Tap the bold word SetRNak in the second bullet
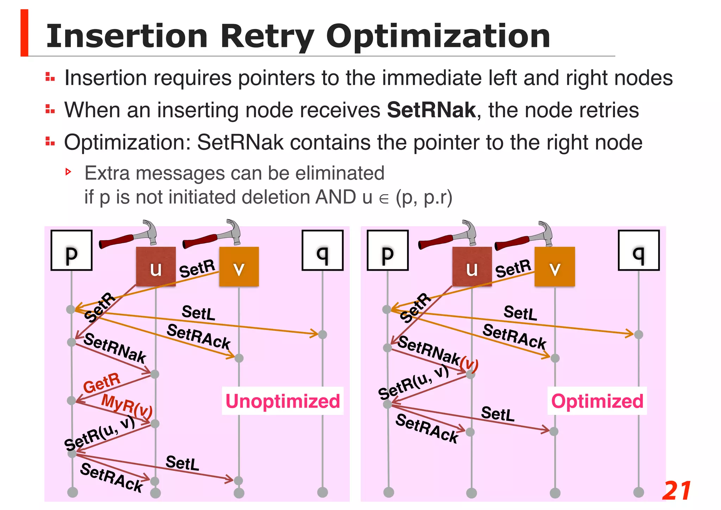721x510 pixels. (x=431, y=110)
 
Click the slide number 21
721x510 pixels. (x=677, y=491)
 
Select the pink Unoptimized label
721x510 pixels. (x=283, y=401)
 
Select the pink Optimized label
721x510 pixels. (x=597, y=401)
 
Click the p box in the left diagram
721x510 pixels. (x=71, y=251)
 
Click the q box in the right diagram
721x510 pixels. (x=639, y=251)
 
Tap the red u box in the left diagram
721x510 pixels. (x=156, y=267)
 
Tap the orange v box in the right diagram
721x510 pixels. (x=554, y=267)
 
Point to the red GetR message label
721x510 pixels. (x=102, y=383)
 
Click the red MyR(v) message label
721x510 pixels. (x=127, y=405)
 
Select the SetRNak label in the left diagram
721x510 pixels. (x=115, y=348)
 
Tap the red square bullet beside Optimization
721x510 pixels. (x=50, y=142)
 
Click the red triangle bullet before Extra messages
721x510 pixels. (x=68, y=172)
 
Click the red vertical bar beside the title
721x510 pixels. (x=24, y=33)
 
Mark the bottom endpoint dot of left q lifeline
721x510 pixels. (x=322, y=492)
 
